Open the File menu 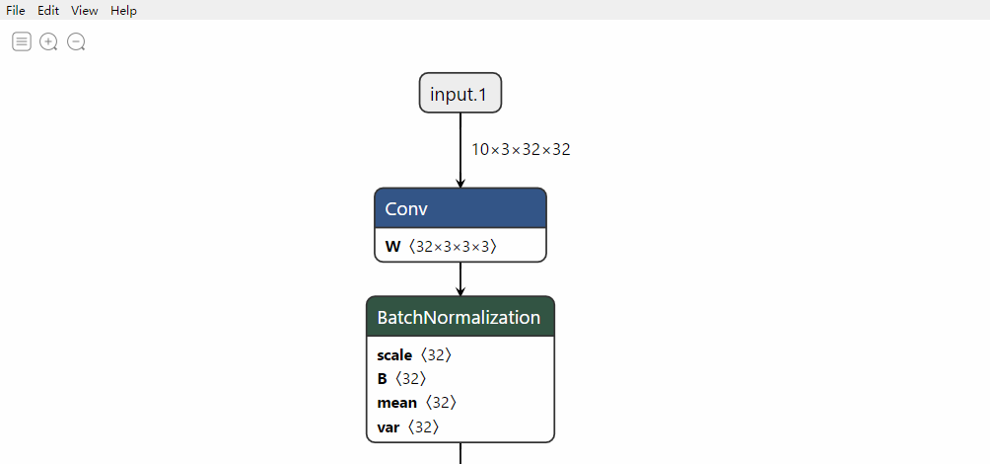(16, 10)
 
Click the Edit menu (48, 10)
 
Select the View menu (85, 10)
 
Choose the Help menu (124, 10)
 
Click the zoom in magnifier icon (48, 42)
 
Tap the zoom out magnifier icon (76, 42)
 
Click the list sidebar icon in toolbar (22, 41)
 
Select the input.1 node (460, 93)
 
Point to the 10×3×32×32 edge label (521, 150)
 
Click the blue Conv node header (460, 208)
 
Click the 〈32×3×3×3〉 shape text (453, 247)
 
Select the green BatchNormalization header (460, 316)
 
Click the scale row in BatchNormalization (415, 355)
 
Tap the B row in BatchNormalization (402, 379)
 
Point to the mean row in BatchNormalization (417, 404)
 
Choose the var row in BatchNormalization (408, 427)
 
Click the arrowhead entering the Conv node (460, 184)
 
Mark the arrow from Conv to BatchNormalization (460, 278)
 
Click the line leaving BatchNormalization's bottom (460, 453)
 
